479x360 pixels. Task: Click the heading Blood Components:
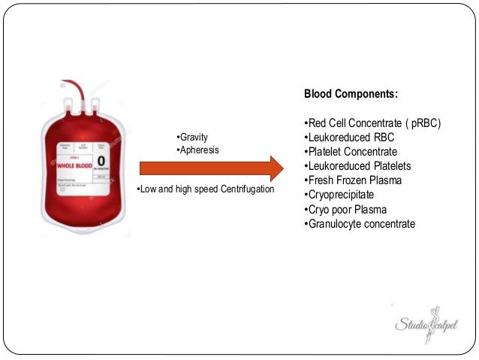[351, 96]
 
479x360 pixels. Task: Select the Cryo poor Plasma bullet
[345, 209]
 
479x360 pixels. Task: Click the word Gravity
[193, 137]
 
